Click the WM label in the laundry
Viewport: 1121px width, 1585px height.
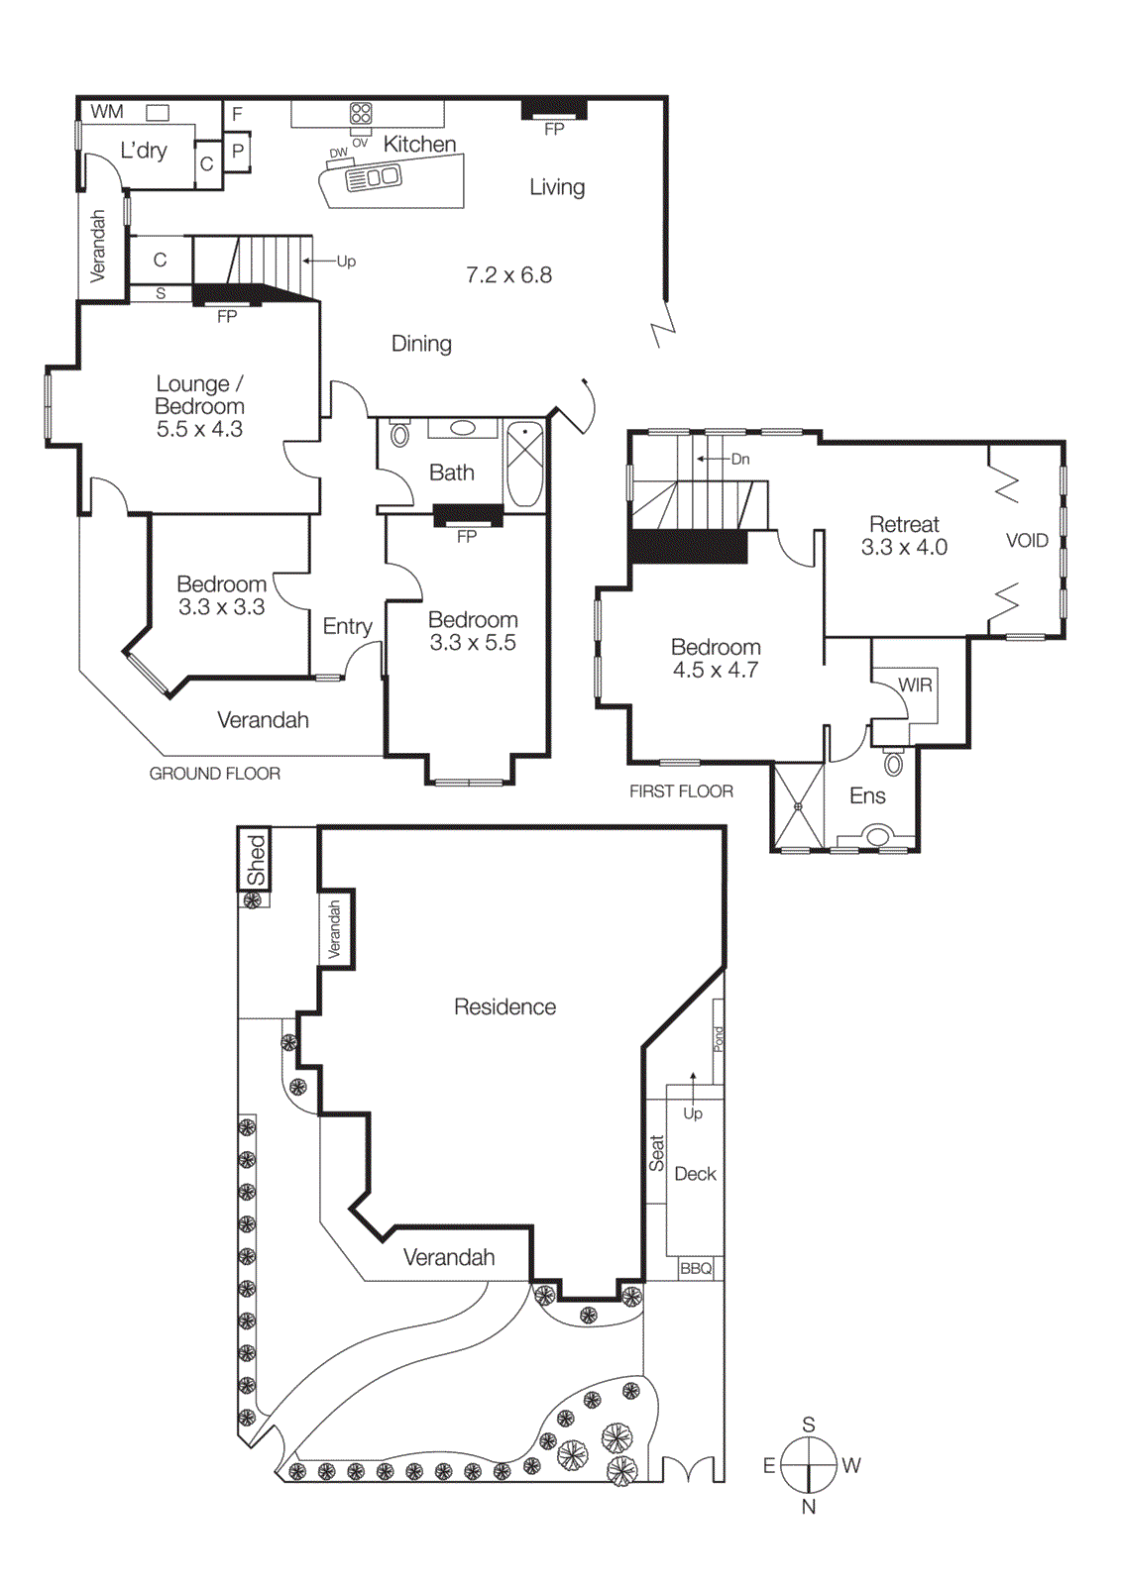click(x=106, y=112)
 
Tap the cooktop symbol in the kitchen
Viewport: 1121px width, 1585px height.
click(x=361, y=113)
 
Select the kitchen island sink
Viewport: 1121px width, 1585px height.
click(x=373, y=178)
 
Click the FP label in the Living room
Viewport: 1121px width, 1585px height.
click(x=554, y=129)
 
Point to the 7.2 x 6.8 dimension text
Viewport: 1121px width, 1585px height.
click(x=508, y=275)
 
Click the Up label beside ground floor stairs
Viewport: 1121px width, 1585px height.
click(x=346, y=262)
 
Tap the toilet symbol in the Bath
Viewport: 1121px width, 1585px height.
click(x=400, y=434)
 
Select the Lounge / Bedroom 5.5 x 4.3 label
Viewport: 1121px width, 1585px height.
click(x=199, y=406)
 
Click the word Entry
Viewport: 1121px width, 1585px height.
click(x=347, y=626)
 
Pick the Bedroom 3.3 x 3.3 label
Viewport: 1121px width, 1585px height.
click(x=221, y=595)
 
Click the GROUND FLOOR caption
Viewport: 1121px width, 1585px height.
click(x=214, y=774)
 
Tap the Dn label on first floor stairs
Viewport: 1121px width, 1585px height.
click(x=740, y=460)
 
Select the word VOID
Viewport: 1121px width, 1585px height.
click(x=1026, y=541)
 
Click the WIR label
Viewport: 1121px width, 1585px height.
click(x=914, y=685)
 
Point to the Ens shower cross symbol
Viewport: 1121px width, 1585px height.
click(x=798, y=806)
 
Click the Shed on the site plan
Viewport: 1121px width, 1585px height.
click(x=256, y=859)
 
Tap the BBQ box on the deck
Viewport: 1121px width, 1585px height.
click(x=696, y=1269)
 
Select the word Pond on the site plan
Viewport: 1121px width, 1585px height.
click(x=719, y=1038)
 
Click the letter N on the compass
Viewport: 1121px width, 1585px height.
click(x=809, y=1507)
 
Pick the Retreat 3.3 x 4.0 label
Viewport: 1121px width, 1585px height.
click(x=904, y=536)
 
